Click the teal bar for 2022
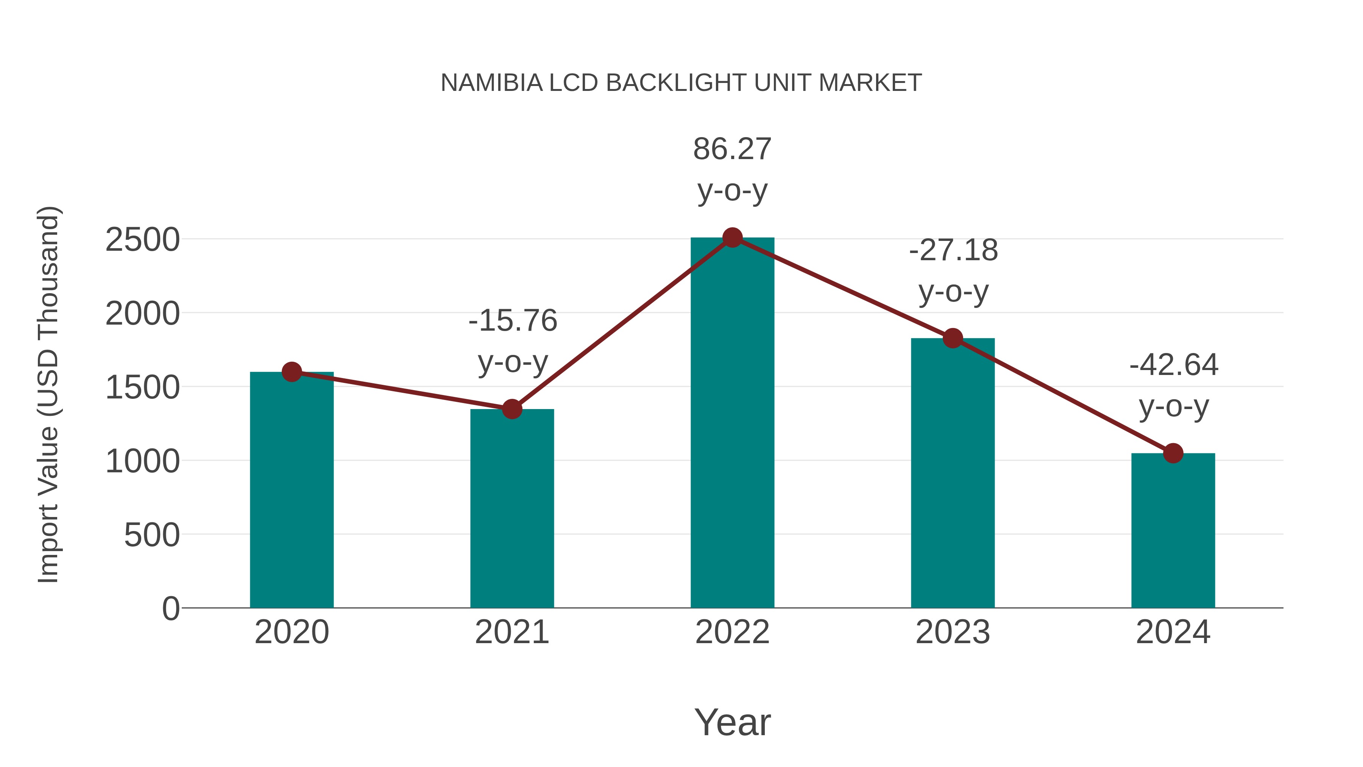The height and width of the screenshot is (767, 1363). pos(732,423)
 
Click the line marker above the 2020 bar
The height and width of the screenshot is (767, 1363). pos(292,372)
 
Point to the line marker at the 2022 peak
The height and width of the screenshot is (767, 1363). pos(732,237)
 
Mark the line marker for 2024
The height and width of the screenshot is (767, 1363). pos(1173,453)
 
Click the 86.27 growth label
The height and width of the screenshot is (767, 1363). pos(732,149)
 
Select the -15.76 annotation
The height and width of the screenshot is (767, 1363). pos(513,321)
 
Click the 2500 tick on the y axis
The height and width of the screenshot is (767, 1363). pos(143,240)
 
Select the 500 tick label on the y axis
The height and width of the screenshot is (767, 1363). pos(152,535)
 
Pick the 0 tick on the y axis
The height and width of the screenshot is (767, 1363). pos(171,609)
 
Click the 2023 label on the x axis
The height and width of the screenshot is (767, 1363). pos(953,632)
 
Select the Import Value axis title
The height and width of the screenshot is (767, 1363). pos(48,394)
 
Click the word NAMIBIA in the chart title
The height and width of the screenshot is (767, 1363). pos(491,83)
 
